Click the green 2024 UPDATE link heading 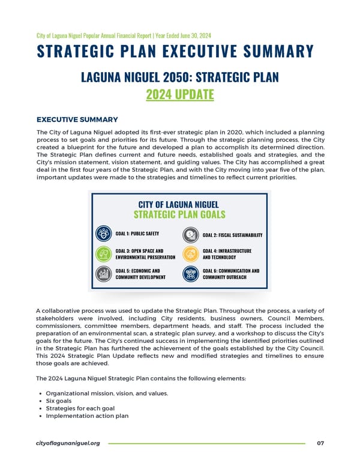point(180,95)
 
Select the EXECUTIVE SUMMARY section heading point(77,120)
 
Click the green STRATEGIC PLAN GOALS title point(179,214)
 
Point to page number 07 point(320,443)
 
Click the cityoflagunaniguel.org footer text point(68,443)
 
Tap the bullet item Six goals point(59,401)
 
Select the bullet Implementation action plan point(86,416)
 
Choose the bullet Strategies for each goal point(80,409)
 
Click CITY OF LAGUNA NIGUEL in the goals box point(179,204)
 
